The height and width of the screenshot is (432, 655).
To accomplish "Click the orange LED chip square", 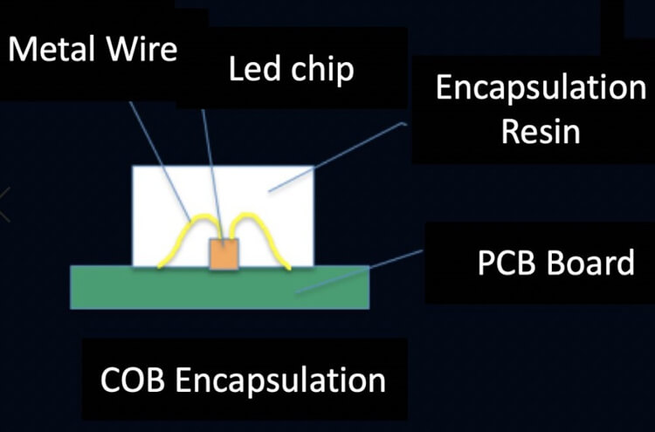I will [223, 252].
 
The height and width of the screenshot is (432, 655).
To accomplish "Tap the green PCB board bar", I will [219, 287].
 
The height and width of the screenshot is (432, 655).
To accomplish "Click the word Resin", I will [541, 132].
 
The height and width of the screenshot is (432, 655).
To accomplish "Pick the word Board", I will [594, 263].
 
